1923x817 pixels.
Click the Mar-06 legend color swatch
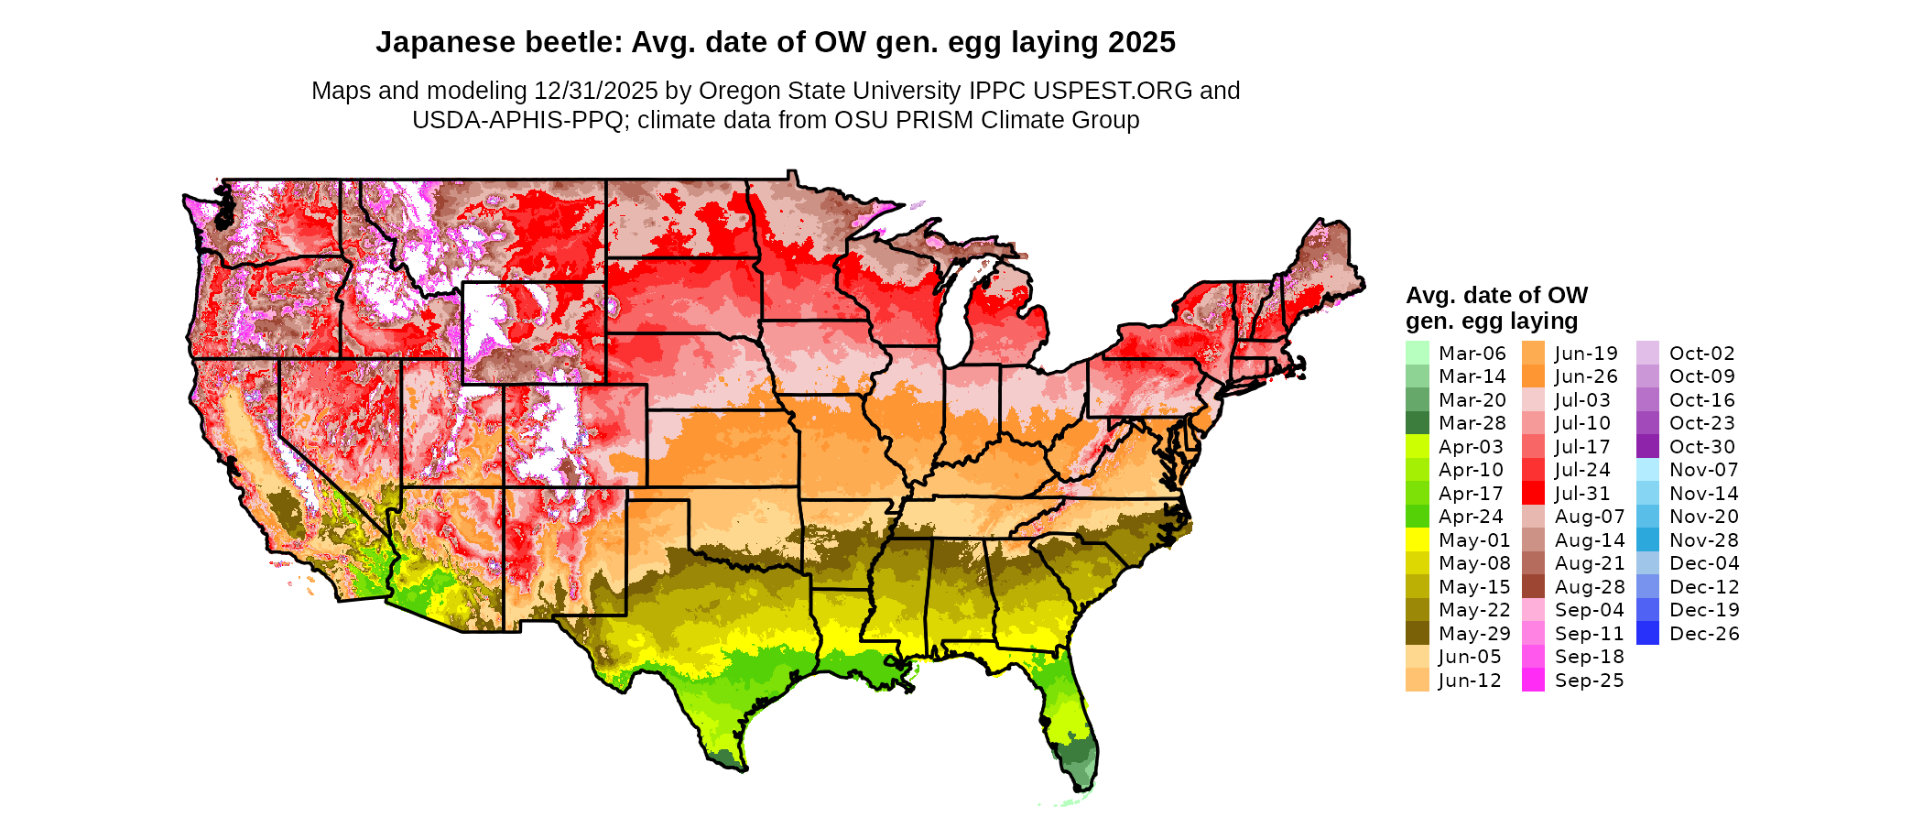click(x=1417, y=353)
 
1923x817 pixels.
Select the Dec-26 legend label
click(x=1703, y=634)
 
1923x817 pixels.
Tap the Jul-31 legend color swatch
click(x=1533, y=493)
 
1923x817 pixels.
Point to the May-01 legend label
click(x=1473, y=540)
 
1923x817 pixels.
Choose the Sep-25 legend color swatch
click(x=1533, y=681)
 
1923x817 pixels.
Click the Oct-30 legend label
click(x=1701, y=447)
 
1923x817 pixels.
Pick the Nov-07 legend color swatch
click(x=1647, y=470)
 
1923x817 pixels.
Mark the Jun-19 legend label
click(x=1586, y=354)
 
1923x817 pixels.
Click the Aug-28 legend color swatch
click(x=1533, y=587)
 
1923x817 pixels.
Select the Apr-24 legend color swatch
click(x=1417, y=517)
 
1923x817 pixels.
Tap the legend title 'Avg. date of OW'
click(x=1496, y=296)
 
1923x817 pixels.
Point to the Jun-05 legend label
click(x=1469, y=657)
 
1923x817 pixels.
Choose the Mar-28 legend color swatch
click(x=1417, y=423)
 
